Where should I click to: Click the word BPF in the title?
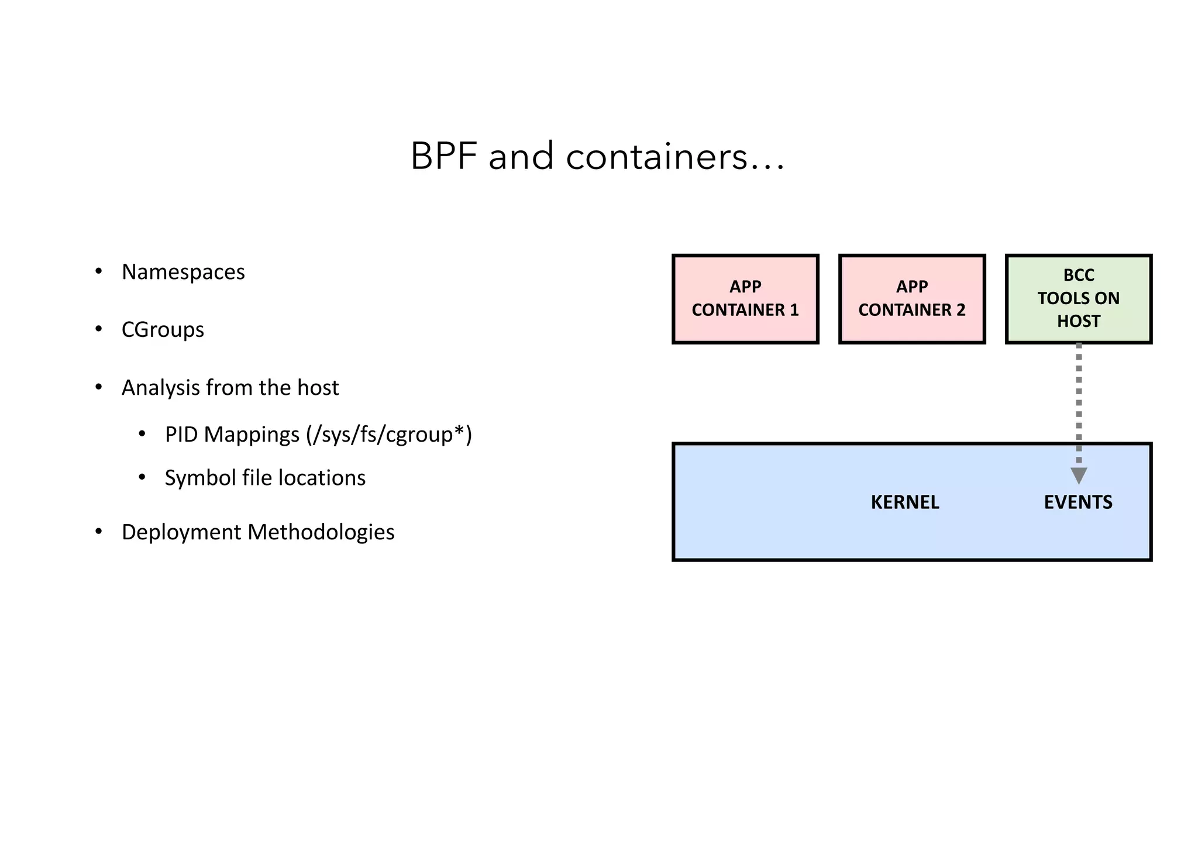pos(443,157)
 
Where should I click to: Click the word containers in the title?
pos(656,157)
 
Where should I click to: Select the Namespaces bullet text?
pos(183,272)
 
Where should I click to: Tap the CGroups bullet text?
pos(163,330)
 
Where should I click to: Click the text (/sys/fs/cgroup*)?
pos(389,435)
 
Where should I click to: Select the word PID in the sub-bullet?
pos(181,435)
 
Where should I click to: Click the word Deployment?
pos(181,532)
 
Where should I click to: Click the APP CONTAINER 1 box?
pos(745,299)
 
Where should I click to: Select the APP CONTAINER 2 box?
pos(912,299)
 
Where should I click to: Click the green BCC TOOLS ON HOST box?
pos(1079,299)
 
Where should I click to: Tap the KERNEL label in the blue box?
pos(905,502)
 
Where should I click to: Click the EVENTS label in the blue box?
pos(1078,502)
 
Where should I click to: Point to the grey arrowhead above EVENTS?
pos(1079,475)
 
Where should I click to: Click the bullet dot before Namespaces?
pos(99,271)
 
